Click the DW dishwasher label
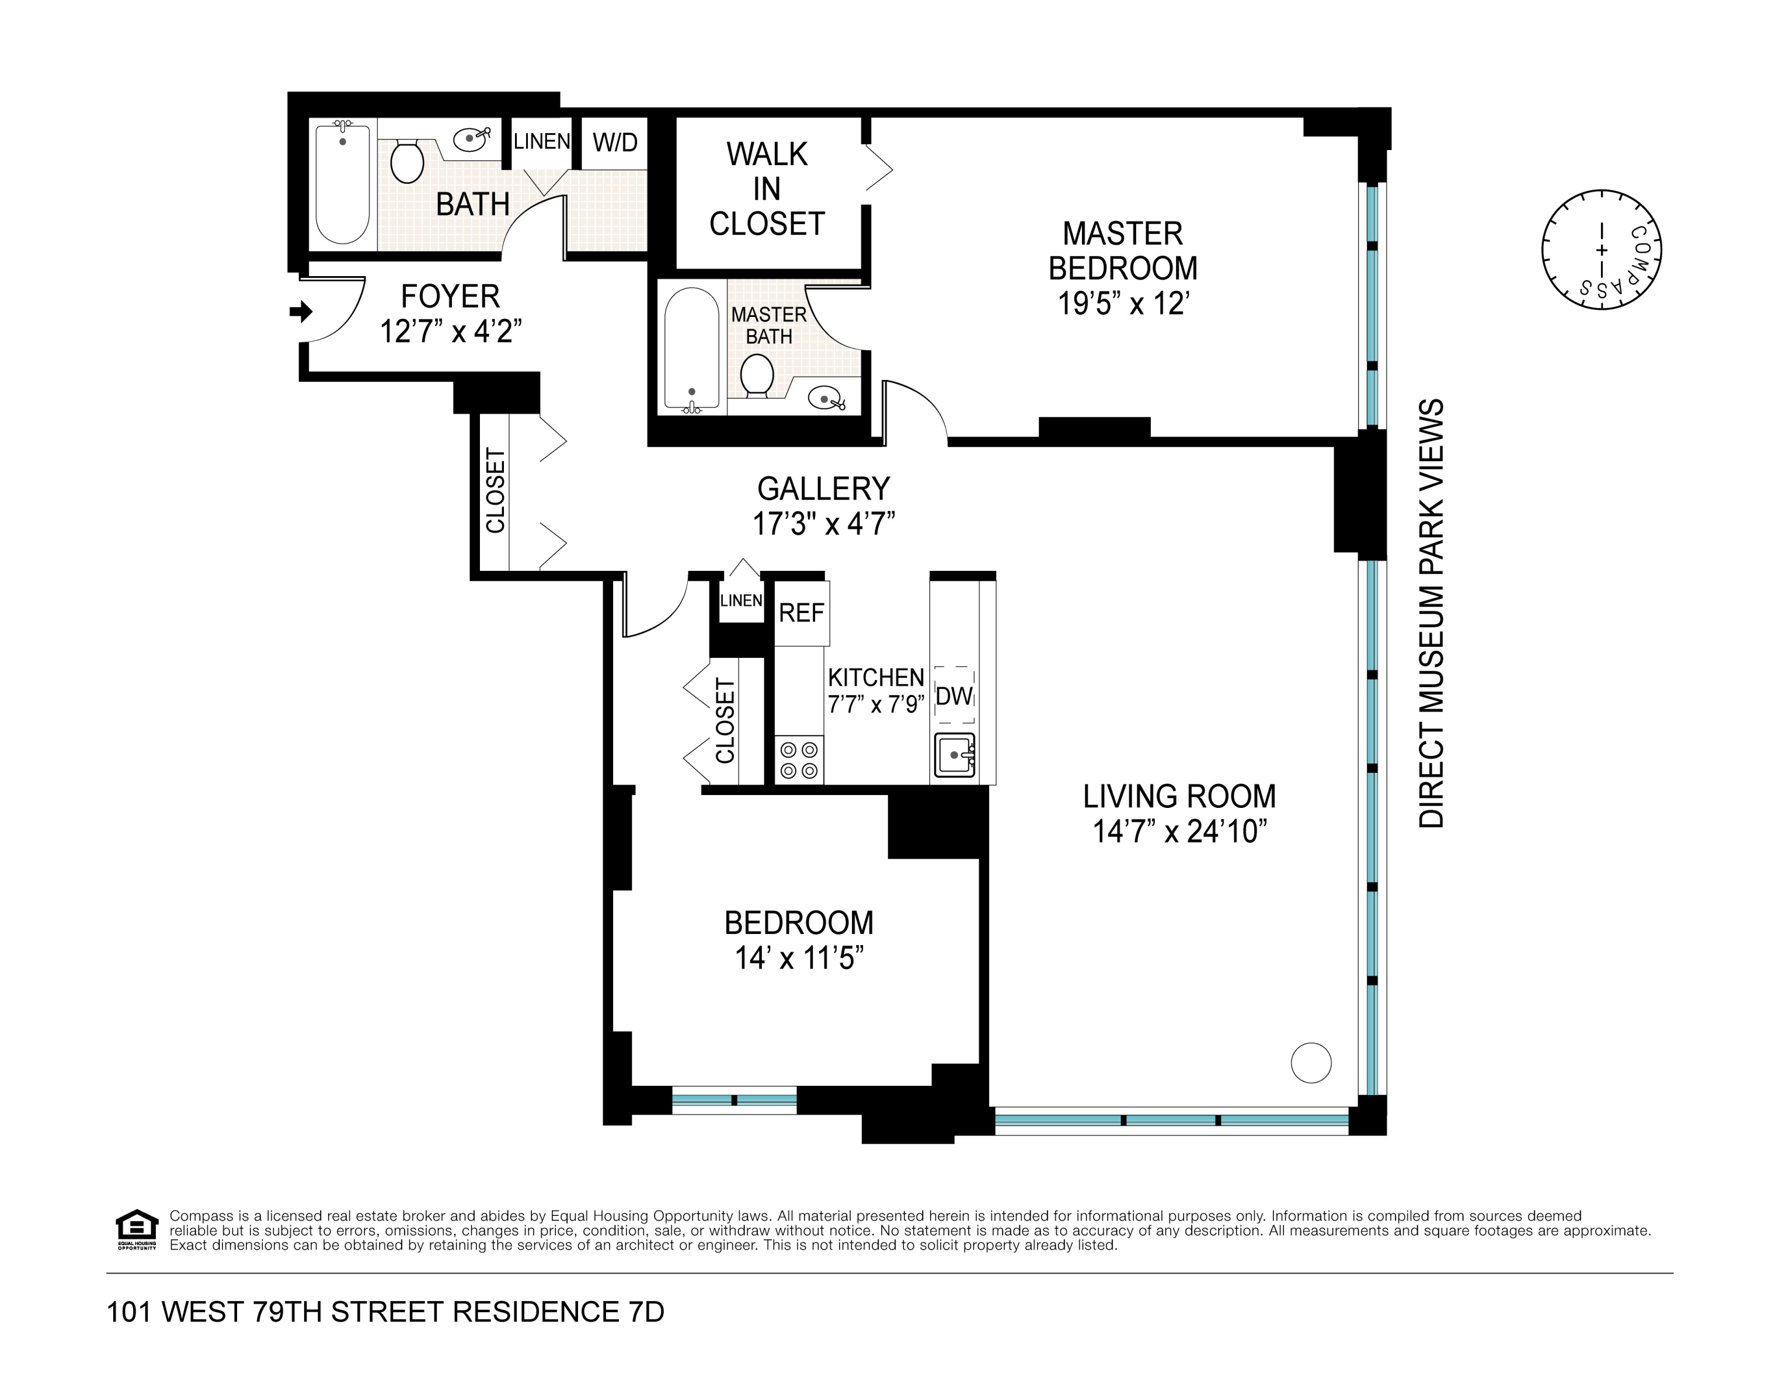click(954, 696)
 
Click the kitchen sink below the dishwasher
click(954, 755)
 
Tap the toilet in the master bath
click(757, 375)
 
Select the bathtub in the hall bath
click(342, 184)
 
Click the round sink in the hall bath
click(472, 139)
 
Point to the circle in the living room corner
click(1311, 1062)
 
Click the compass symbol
click(1601, 249)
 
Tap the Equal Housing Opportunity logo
click(137, 1230)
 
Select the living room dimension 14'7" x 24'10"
click(1179, 832)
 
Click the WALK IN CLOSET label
click(767, 189)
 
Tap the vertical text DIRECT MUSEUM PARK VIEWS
click(1431, 614)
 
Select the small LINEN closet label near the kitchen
click(740, 600)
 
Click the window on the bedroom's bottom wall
click(734, 1100)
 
